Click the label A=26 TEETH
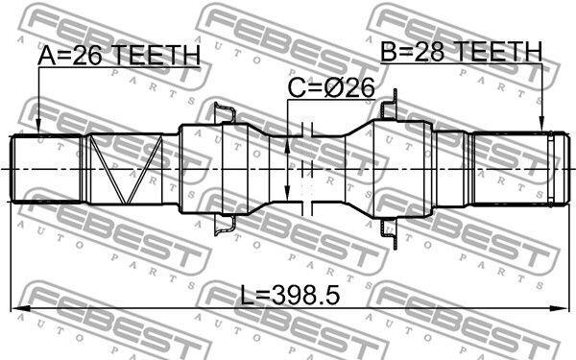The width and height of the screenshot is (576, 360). (x=119, y=55)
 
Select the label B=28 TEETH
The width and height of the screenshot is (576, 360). (x=461, y=52)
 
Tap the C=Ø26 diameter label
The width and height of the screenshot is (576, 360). (x=330, y=87)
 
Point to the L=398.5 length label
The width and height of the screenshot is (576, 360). (x=290, y=296)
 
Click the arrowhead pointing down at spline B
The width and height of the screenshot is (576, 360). (x=541, y=124)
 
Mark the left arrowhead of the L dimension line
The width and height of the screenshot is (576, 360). (x=20, y=309)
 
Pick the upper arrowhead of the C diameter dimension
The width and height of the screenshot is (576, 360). (x=287, y=146)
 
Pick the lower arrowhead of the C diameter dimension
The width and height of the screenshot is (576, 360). (x=287, y=193)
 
